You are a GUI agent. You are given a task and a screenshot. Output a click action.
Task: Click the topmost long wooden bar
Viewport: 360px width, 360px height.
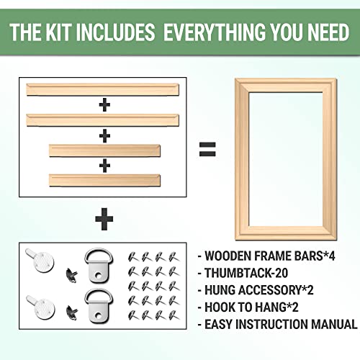tap(105, 90)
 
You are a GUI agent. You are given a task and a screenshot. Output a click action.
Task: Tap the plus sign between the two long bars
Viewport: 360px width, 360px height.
tap(105, 104)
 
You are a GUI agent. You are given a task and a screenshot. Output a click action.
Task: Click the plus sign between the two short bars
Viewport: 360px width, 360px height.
tap(105, 165)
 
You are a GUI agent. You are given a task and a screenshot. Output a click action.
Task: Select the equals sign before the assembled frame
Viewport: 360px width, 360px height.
tap(207, 150)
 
